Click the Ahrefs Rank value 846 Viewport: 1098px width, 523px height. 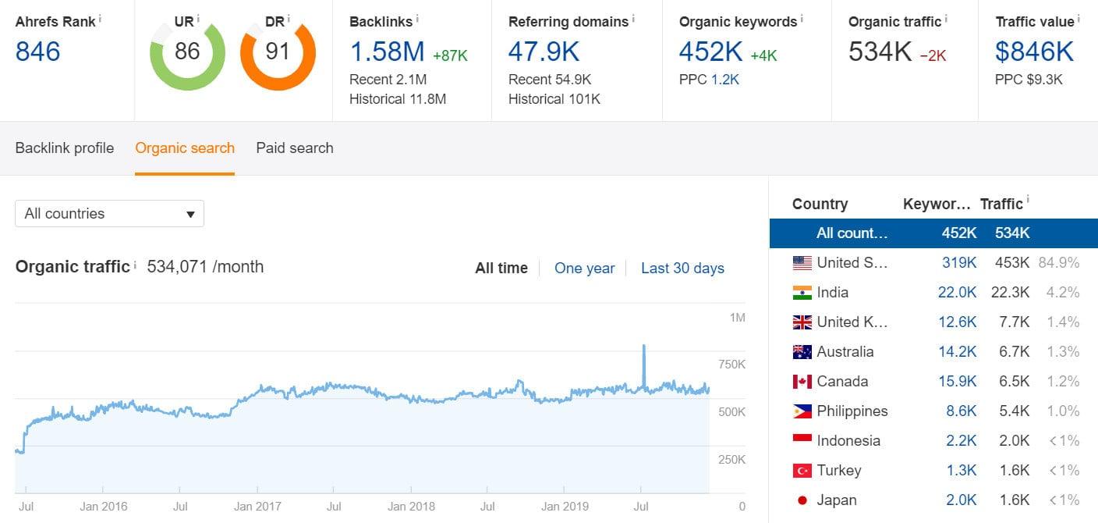pyautogui.click(x=37, y=52)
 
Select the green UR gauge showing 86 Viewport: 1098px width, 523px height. pyautogui.click(x=187, y=52)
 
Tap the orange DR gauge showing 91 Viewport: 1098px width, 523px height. pyautogui.click(x=278, y=52)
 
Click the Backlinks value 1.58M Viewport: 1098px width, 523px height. pyautogui.click(x=387, y=52)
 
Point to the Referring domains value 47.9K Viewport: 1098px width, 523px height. pyautogui.click(x=544, y=52)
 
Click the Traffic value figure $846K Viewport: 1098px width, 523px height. pyautogui.click(x=1034, y=52)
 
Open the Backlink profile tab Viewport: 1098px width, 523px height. pyautogui.click(x=65, y=148)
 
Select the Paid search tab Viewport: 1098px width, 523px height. pyautogui.click(x=294, y=148)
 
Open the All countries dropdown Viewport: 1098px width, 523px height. pyautogui.click(x=109, y=213)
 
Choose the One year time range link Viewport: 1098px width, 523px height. pyautogui.click(x=584, y=268)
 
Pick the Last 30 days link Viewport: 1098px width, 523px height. pyautogui.click(x=682, y=268)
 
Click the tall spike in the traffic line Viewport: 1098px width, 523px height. pyautogui.click(x=643, y=347)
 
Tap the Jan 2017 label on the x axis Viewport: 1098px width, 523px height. pyautogui.click(x=258, y=506)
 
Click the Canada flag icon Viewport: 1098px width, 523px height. pyautogui.click(x=802, y=382)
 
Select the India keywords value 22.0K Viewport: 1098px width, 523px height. pyautogui.click(x=957, y=292)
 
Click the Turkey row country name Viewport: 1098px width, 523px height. pyautogui.click(x=838, y=470)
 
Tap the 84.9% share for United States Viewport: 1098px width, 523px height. pyautogui.click(x=1058, y=262)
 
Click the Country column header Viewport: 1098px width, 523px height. pyautogui.click(x=820, y=204)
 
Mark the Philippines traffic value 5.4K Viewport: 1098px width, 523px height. pyautogui.click(x=1014, y=411)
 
